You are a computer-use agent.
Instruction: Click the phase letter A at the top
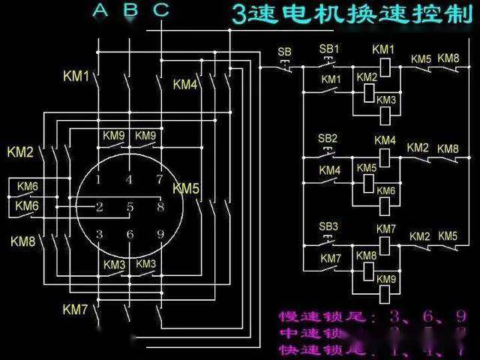tap(100, 10)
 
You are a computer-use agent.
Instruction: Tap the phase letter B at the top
tap(130, 10)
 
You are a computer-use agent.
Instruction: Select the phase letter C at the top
tap(161, 10)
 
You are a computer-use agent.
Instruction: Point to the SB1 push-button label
tap(330, 49)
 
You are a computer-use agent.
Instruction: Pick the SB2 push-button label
tap(328, 139)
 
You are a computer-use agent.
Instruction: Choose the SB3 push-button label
tap(329, 226)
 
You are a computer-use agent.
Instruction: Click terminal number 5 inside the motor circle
tap(130, 207)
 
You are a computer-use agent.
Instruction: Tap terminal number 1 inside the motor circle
tap(99, 180)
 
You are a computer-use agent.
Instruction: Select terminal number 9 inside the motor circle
tap(160, 235)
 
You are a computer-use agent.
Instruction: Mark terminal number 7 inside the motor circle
tap(159, 180)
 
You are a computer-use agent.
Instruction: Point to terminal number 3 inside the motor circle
tap(99, 235)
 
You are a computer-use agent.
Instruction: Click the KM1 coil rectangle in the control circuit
tap(385, 66)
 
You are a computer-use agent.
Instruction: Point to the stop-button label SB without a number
tap(284, 52)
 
